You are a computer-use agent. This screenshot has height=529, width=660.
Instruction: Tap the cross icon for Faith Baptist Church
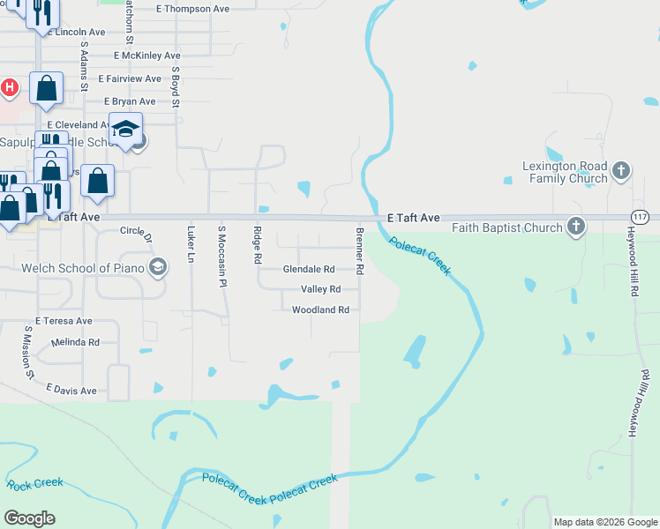[x=576, y=227]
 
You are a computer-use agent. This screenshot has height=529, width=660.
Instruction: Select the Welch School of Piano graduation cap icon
[x=158, y=267]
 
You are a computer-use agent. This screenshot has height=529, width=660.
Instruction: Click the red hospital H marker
[x=10, y=87]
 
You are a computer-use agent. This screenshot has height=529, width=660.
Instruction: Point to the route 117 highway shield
[x=641, y=217]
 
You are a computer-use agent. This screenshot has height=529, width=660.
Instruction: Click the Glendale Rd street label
[x=309, y=269]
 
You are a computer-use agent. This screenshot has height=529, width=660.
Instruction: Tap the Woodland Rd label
[x=321, y=309]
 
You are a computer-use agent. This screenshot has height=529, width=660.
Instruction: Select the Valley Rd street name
[x=320, y=289]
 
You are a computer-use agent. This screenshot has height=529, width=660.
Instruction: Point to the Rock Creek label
[x=35, y=483]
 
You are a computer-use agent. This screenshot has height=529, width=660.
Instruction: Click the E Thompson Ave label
[x=192, y=9]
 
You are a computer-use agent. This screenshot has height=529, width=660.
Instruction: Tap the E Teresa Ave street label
[x=64, y=321]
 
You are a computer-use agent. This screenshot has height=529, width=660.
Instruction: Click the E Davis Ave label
[x=71, y=389]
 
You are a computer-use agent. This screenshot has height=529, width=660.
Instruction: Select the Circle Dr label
[x=137, y=234]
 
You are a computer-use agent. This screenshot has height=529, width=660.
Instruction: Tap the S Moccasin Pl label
[x=222, y=256]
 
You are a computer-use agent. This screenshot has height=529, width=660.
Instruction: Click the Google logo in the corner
[x=29, y=518]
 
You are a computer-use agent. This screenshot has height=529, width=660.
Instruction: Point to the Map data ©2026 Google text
[x=605, y=522]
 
